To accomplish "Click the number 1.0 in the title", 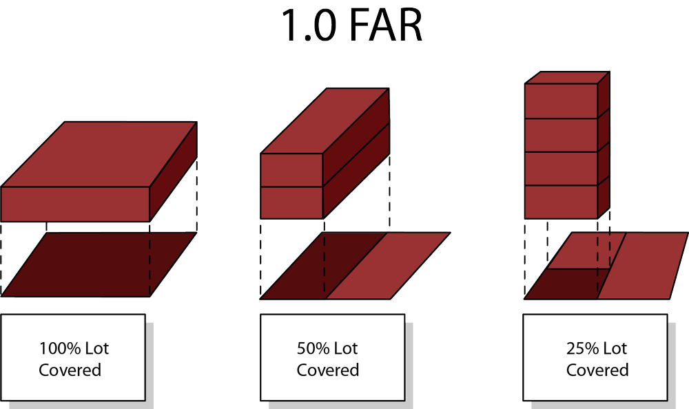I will click(306, 26).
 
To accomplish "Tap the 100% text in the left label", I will click(55, 348).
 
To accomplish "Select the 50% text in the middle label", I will click(312, 348).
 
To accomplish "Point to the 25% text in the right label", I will click(582, 348).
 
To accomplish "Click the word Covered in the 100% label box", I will click(70, 370).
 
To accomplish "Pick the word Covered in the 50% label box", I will click(328, 370).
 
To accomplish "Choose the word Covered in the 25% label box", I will click(597, 370).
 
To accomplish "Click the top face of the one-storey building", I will click(100, 154).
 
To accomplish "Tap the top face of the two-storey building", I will click(325, 120).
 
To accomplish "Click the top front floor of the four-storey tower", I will click(560, 101).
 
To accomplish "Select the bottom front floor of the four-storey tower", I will click(560, 202).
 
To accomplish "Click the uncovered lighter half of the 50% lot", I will click(389, 265).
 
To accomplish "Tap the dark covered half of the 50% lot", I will click(324, 265).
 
